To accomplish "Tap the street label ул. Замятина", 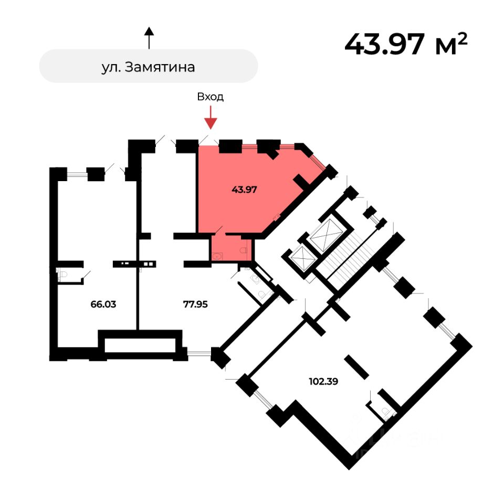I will point(149,67).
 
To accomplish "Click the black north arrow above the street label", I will point(149,38).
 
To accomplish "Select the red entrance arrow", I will point(211,118).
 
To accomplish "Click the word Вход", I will point(211,97).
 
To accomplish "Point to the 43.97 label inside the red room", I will point(244,190).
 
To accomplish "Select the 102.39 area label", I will point(323,382).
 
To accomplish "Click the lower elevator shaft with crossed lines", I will point(302,257).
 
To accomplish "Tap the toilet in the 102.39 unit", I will point(387,412).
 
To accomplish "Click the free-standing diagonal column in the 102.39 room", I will point(357,366).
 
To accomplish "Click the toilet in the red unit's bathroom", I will point(244,251).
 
